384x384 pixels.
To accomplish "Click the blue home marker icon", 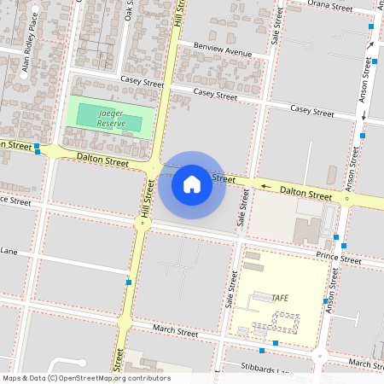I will point(192,183).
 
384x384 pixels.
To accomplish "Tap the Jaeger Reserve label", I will point(112,118).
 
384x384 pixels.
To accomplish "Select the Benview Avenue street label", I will point(223,49).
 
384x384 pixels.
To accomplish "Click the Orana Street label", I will point(329,7).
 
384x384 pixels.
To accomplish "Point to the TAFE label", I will point(279,298).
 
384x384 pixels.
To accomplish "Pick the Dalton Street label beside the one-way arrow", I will point(305,195).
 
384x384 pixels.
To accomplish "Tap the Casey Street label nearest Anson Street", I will point(311,111).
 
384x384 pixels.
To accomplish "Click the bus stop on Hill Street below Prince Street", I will point(129,282).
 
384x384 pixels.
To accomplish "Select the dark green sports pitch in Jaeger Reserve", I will point(109,118).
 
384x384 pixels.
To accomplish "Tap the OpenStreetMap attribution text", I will point(85,378).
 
